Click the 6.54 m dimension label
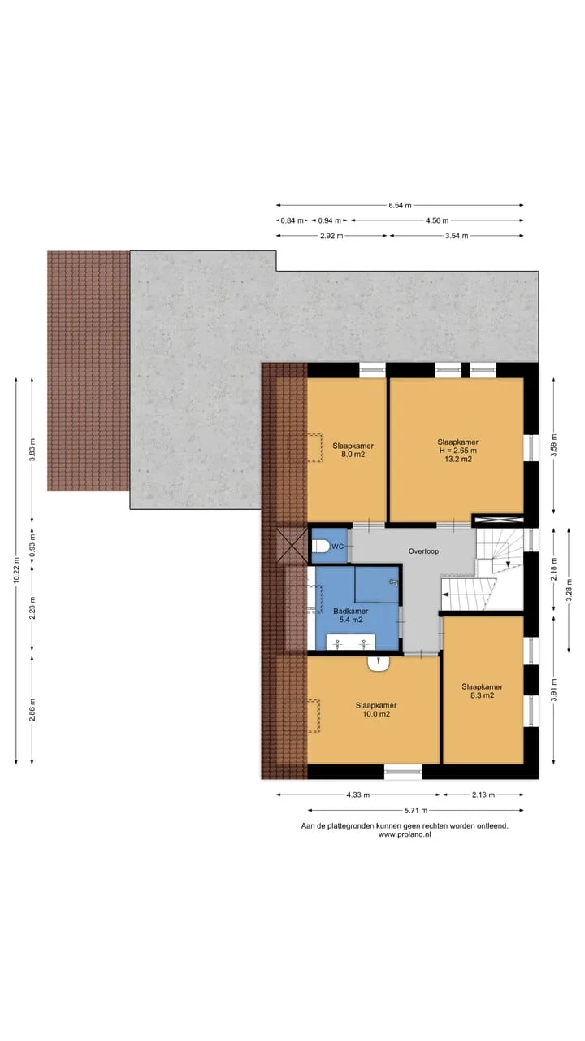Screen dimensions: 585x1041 coord(400,205)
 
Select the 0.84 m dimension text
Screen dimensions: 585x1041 coord(292,220)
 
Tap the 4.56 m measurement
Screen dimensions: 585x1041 coord(437,220)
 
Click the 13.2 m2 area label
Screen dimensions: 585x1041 coord(457,459)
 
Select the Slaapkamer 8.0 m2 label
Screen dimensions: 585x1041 coord(353,450)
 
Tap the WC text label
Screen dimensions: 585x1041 coord(337,546)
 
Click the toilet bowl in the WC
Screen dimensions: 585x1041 coord(321,546)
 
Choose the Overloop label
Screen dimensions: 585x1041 coord(423,551)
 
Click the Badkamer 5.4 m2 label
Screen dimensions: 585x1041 coord(351,616)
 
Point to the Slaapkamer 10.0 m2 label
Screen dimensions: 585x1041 coord(376,709)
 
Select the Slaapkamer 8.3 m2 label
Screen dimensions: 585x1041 coord(482,690)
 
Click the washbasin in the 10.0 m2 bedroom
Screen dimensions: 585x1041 coord(379,663)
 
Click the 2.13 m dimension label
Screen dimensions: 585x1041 coord(483,795)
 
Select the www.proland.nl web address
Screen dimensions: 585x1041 coord(405,834)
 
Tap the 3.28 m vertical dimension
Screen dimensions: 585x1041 coord(569,590)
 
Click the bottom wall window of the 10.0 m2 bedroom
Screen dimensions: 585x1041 coord(403,772)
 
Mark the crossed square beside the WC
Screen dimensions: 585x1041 coord(292,545)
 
